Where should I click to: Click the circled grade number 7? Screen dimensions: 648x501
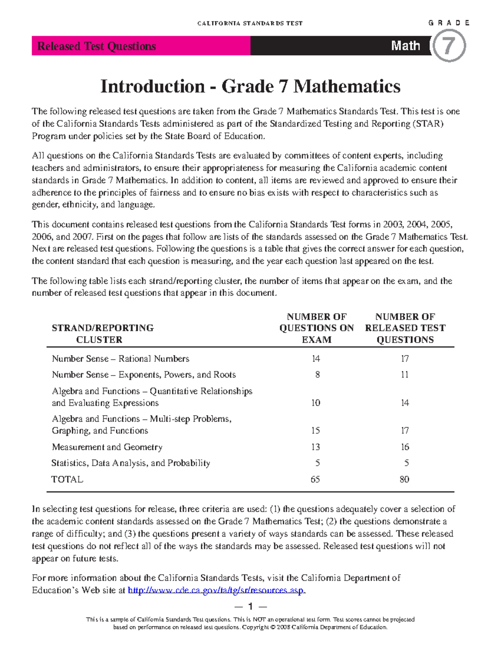pos(448,46)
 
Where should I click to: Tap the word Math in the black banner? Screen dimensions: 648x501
pos(405,45)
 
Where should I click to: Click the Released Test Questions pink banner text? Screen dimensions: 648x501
pos(96,46)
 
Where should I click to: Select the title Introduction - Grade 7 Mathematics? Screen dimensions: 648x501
pos(250,86)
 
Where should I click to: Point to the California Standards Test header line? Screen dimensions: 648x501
pos(250,23)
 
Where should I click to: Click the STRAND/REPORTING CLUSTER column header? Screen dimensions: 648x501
pos(102,333)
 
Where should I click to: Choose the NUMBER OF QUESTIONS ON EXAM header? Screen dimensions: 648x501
pos(316,328)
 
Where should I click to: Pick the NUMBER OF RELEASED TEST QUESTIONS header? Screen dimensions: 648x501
pos(405,328)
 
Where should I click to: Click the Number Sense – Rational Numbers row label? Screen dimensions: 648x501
pos(120,359)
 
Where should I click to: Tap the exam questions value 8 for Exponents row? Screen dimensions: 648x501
pos(317,375)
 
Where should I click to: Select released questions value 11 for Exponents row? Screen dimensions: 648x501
pos(405,375)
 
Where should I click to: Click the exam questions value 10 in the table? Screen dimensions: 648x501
pos(316,403)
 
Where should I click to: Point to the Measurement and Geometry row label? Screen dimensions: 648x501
pos(107,447)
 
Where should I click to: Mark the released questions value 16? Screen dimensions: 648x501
pos(405,447)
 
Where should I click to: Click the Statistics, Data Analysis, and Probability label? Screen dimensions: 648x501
pos(131,463)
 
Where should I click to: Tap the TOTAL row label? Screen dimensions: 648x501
pos(67,479)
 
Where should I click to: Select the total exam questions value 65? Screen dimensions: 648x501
pos(315,479)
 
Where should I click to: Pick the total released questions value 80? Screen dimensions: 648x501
pos(404,479)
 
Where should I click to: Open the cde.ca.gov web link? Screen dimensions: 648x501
pos(216,590)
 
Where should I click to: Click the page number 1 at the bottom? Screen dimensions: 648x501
pos(250,606)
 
